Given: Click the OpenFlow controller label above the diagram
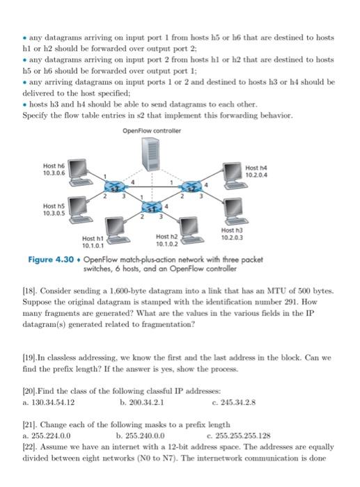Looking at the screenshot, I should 150,131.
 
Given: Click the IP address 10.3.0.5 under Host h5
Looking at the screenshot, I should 54,214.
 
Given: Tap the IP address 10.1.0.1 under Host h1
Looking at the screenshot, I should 93,245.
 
